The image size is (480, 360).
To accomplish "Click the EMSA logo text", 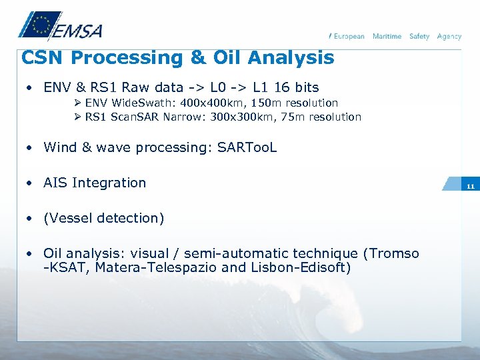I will pos(78,31).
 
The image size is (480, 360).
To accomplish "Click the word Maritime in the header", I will pos(387,36).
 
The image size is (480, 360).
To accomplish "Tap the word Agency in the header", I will pos(449,36).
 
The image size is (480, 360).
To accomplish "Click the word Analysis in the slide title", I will pos(291,58).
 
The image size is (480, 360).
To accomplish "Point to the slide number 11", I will pos(470,187).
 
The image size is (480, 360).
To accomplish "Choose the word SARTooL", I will pos(247,147).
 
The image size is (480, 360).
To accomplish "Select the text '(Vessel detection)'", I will pos(103,218).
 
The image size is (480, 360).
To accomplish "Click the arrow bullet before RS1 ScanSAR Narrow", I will pos(78,117).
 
